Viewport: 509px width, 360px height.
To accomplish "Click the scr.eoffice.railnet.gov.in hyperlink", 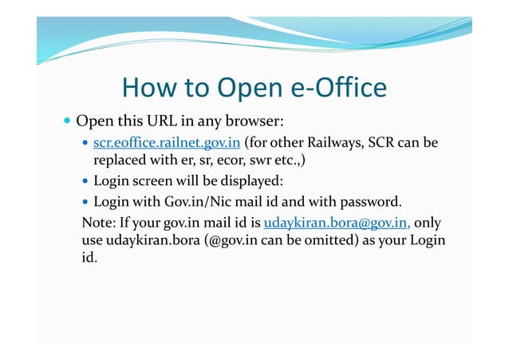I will [167, 144].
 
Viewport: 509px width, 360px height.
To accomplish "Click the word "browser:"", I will [254, 123].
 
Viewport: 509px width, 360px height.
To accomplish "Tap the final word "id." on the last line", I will [90, 259].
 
